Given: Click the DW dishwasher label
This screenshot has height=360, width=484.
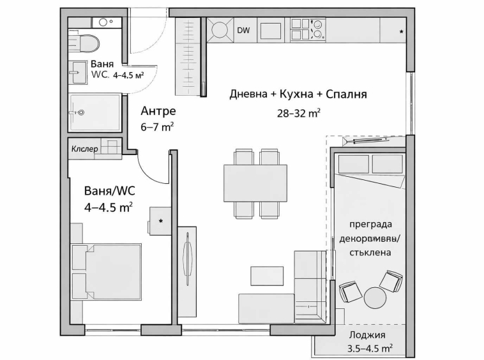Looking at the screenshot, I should (243, 30).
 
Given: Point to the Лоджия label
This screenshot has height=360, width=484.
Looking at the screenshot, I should (367, 336).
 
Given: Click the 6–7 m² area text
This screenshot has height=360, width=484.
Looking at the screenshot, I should (157, 126).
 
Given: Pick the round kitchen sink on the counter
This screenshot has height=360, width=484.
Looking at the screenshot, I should (220, 30).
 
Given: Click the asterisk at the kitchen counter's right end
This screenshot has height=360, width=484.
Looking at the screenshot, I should (401, 31).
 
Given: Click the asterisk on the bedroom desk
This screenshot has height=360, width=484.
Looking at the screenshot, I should (160, 221).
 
